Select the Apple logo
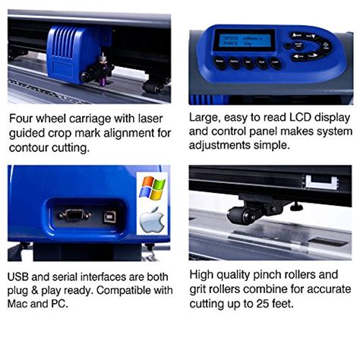[151, 220]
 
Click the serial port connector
[74, 215]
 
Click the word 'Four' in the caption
[24, 119]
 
